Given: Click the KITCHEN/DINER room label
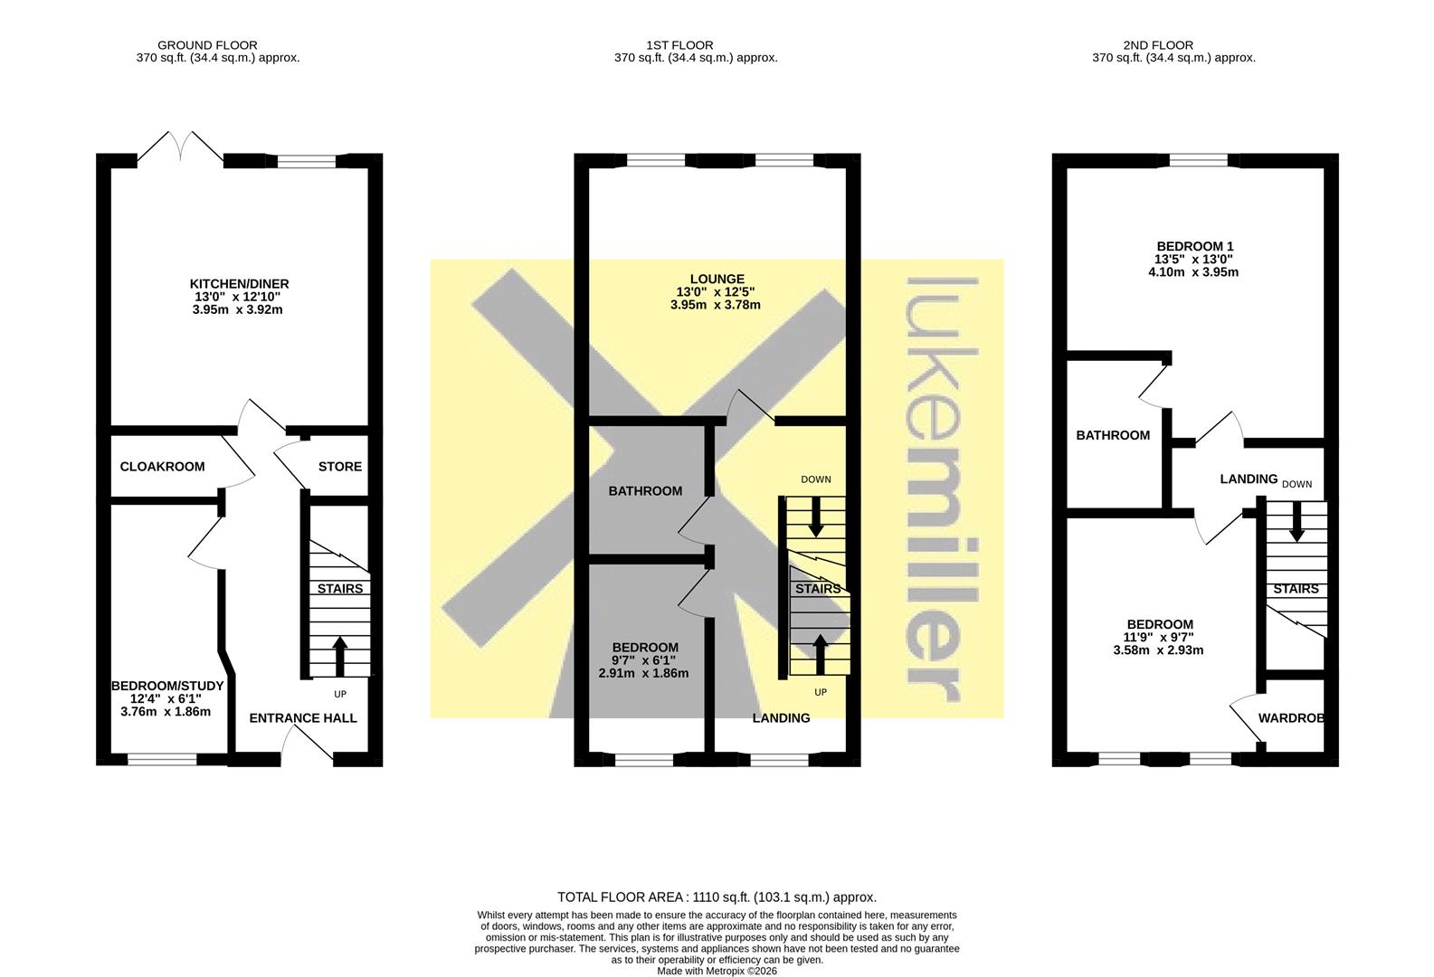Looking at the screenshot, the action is click(239, 284).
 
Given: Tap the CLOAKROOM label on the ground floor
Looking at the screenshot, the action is click(163, 467).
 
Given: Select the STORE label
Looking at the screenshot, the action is click(340, 467).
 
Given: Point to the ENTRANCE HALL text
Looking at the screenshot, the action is click(303, 718).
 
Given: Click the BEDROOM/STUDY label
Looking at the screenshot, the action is click(167, 687).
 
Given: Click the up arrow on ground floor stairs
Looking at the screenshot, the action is click(340, 656).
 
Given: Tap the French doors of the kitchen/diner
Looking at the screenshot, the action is click(181, 147).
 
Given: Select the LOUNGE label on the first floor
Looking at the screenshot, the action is click(717, 280).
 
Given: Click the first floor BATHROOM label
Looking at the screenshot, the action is click(645, 491).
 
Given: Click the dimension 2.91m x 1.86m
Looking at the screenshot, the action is click(643, 673).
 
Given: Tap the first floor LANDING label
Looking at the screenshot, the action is click(781, 718).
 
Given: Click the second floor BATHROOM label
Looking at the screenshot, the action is click(1113, 435).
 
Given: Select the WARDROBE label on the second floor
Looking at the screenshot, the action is click(1291, 718).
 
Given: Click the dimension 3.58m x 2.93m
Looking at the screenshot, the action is click(1158, 650).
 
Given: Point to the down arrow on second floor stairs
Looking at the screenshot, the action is click(1296, 522).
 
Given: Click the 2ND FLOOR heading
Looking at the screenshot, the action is click(1158, 45).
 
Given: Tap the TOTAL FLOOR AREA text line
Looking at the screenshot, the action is click(717, 897).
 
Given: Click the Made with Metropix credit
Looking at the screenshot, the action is click(717, 972).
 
